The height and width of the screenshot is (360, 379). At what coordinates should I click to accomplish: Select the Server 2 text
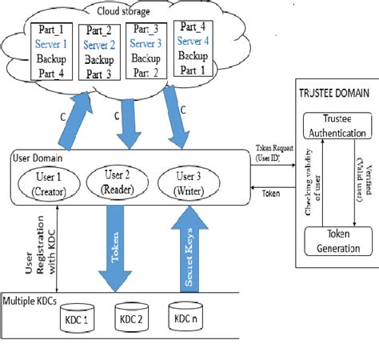[99, 45]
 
